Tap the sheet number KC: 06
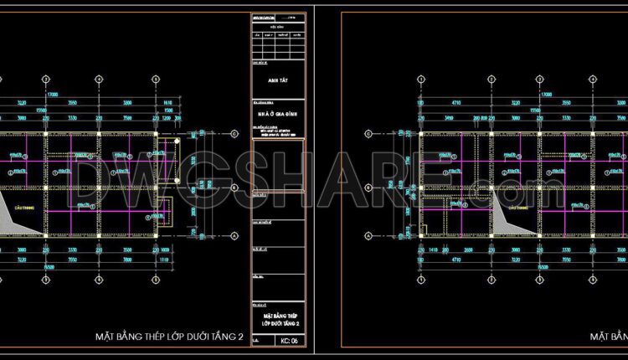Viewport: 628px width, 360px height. coord(290,342)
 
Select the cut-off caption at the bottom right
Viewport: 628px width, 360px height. coord(609,337)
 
